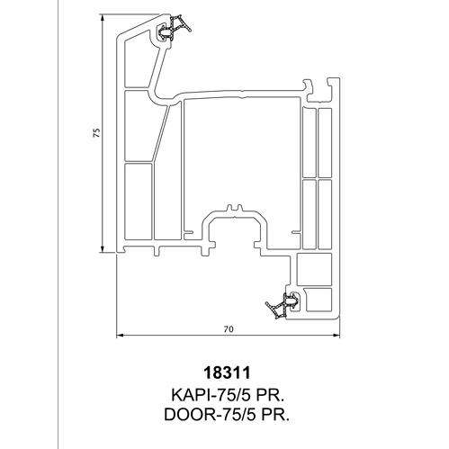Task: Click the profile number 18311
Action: click(x=227, y=373)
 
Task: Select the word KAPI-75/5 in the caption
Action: click(x=209, y=395)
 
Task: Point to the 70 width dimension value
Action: click(x=229, y=329)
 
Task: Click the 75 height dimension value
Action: click(x=96, y=132)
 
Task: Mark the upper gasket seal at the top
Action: click(x=174, y=28)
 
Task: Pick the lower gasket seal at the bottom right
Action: click(x=283, y=304)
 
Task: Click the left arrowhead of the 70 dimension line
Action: click(x=120, y=336)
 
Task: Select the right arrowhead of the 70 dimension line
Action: click(x=337, y=336)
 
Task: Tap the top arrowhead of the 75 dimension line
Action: click(x=103, y=19)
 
